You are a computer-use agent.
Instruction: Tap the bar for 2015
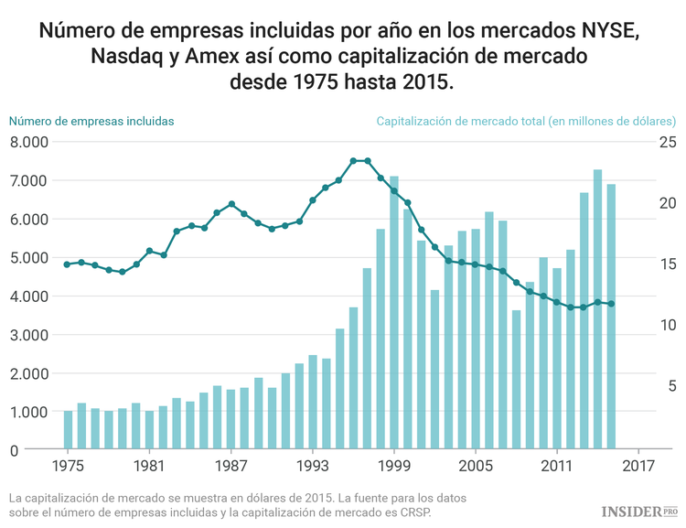click(x=612, y=317)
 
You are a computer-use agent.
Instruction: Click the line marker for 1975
click(x=68, y=264)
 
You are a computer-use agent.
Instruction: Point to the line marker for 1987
click(x=231, y=204)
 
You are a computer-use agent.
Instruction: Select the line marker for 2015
click(x=612, y=304)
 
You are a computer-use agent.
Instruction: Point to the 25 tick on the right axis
click(x=667, y=142)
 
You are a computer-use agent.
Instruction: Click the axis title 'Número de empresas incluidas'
click(x=91, y=120)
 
